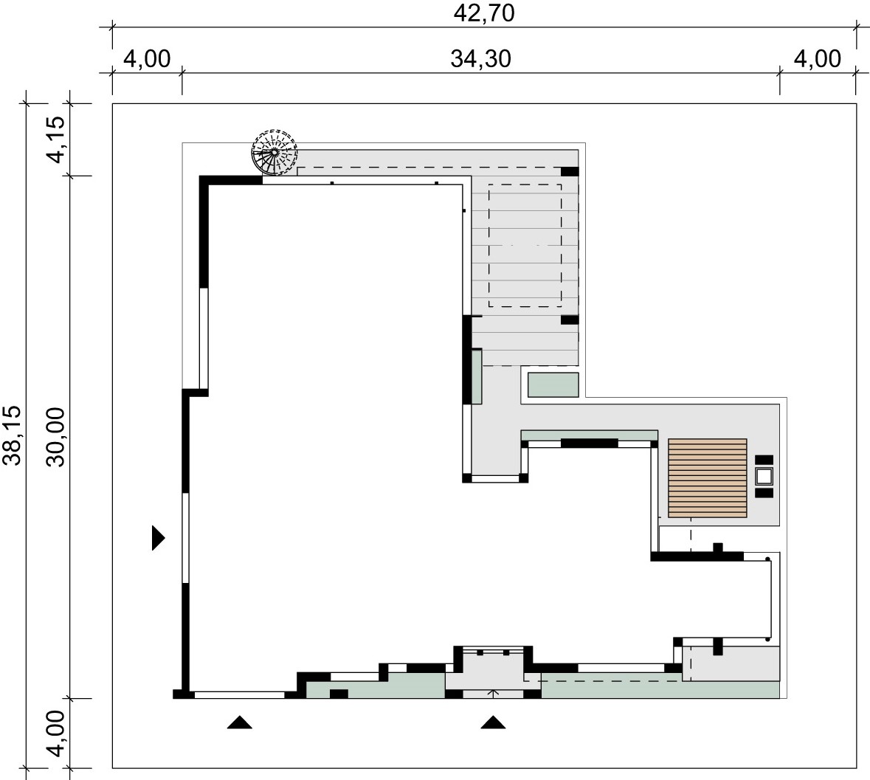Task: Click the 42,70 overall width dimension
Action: [x=484, y=13]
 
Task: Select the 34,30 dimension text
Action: [x=480, y=59]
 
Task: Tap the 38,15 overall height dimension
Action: [x=13, y=435]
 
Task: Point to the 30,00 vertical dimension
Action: [x=56, y=437]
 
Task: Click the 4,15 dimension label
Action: [x=56, y=139]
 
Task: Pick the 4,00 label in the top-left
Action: [x=147, y=59]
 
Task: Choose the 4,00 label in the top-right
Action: [x=818, y=59]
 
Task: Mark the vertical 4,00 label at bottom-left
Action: [x=56, y=734]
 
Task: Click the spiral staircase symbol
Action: [x=274, y=152]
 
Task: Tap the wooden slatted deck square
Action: [x=708, y=478]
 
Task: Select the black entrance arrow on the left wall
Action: [x=158, y=537]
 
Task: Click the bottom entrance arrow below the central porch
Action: [x=493, y=722]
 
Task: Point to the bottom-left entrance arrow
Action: [x=240, y=722]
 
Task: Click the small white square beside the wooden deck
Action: [x=764, y=477]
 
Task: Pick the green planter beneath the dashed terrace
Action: [x=553, y=385]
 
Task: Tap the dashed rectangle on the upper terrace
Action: [x=525, y=246]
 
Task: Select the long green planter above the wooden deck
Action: [x=590, y=435]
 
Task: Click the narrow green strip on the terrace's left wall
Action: [x=476, y=376]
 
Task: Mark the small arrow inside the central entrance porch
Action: [x=493, y=693]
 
